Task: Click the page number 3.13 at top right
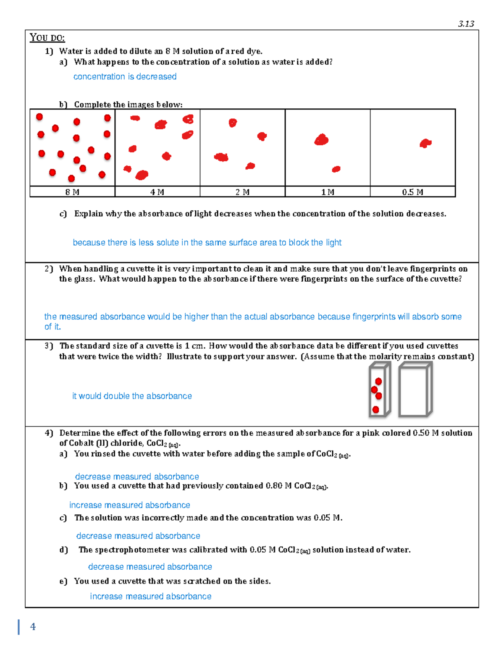pyautogui.click(x=466, y=24)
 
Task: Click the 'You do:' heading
pyautogui.click(x=47, y=38)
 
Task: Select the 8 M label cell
pyautogui.click(x=72, y=192)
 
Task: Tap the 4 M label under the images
pyautogui.click(x=157, y=192)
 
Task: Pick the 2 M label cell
pyautogui.click(x=242, y=192)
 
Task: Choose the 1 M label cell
pyautogui.click(x=328, y=192)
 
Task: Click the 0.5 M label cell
pyautogui.click(x=412, y=192)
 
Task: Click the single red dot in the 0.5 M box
pyautogui.click(x=425, y=144)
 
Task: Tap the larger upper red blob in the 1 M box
pyautogui.click(x=321, y=140)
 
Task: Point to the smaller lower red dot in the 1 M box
pyautogui.click(x=336, y=169)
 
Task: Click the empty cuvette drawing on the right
pyautogui.click(x=415, y=389)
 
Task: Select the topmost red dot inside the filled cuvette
pyautogui.click(x=378, y=381)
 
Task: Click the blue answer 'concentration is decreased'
pyautogui.click(x=125, y=76)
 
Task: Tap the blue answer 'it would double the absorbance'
pyautogui.click(x=132, y=396)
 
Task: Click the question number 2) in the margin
pyautogui.click(x=49, y=269)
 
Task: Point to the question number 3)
pyautogui.click(x=49, y=346)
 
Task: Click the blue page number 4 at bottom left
pyautogui.click(x=33, y=627)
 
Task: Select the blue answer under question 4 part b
pyautogui.click(x=129, y=505)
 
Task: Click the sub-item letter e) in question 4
pyautogui.click(x=63, y=581)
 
